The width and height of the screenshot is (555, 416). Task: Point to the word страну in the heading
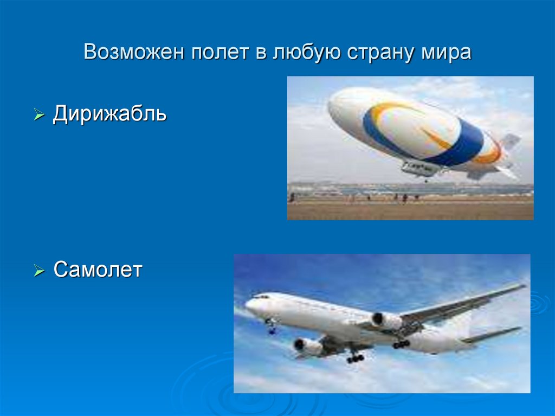pos(376,53)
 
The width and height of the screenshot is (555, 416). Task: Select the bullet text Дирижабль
pos(109,114)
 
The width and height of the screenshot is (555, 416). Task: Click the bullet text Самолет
pos(98,269)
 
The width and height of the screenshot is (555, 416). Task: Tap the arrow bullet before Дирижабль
pos(38,116)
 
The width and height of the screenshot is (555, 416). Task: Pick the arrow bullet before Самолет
pos(38,270)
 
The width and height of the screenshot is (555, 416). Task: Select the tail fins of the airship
pos(507,157)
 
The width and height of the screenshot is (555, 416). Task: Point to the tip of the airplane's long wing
pos(523,286)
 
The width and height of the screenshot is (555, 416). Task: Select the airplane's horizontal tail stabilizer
pos(493,334)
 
